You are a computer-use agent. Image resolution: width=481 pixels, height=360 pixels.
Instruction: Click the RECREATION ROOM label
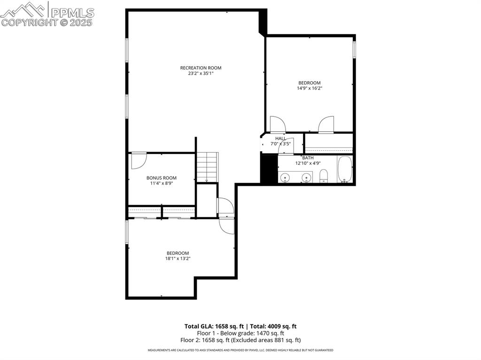pos(201,68)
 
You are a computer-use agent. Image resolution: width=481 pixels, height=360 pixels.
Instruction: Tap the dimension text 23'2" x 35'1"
pos(201,74)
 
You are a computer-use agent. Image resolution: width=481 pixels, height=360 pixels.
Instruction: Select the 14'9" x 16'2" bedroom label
pos(309,88)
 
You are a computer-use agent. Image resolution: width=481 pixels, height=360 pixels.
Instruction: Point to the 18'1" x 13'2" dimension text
pos(177,259)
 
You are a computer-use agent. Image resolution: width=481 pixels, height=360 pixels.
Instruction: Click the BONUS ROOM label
pos(161,178)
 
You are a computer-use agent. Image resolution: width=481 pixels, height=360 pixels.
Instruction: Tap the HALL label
pos(280,138)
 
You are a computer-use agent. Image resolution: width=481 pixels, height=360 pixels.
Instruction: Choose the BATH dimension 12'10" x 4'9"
pos(308,163)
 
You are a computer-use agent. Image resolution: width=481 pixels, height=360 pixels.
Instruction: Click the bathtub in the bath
pos(344,169)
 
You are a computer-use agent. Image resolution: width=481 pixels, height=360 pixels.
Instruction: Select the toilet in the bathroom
pos(324,176)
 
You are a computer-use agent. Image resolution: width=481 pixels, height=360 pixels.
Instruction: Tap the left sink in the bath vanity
pos(285,177)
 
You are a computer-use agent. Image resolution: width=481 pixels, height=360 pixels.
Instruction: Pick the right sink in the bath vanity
pos(306,177)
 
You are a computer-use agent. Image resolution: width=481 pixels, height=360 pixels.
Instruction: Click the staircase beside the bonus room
pos(207,167)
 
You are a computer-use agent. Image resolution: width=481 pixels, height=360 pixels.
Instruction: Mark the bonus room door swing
pos(138,160)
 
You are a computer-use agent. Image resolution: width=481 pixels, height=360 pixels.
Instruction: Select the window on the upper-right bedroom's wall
pos(354,50)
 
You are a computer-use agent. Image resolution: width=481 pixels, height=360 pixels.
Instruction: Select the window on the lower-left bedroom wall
pos(126,232)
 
